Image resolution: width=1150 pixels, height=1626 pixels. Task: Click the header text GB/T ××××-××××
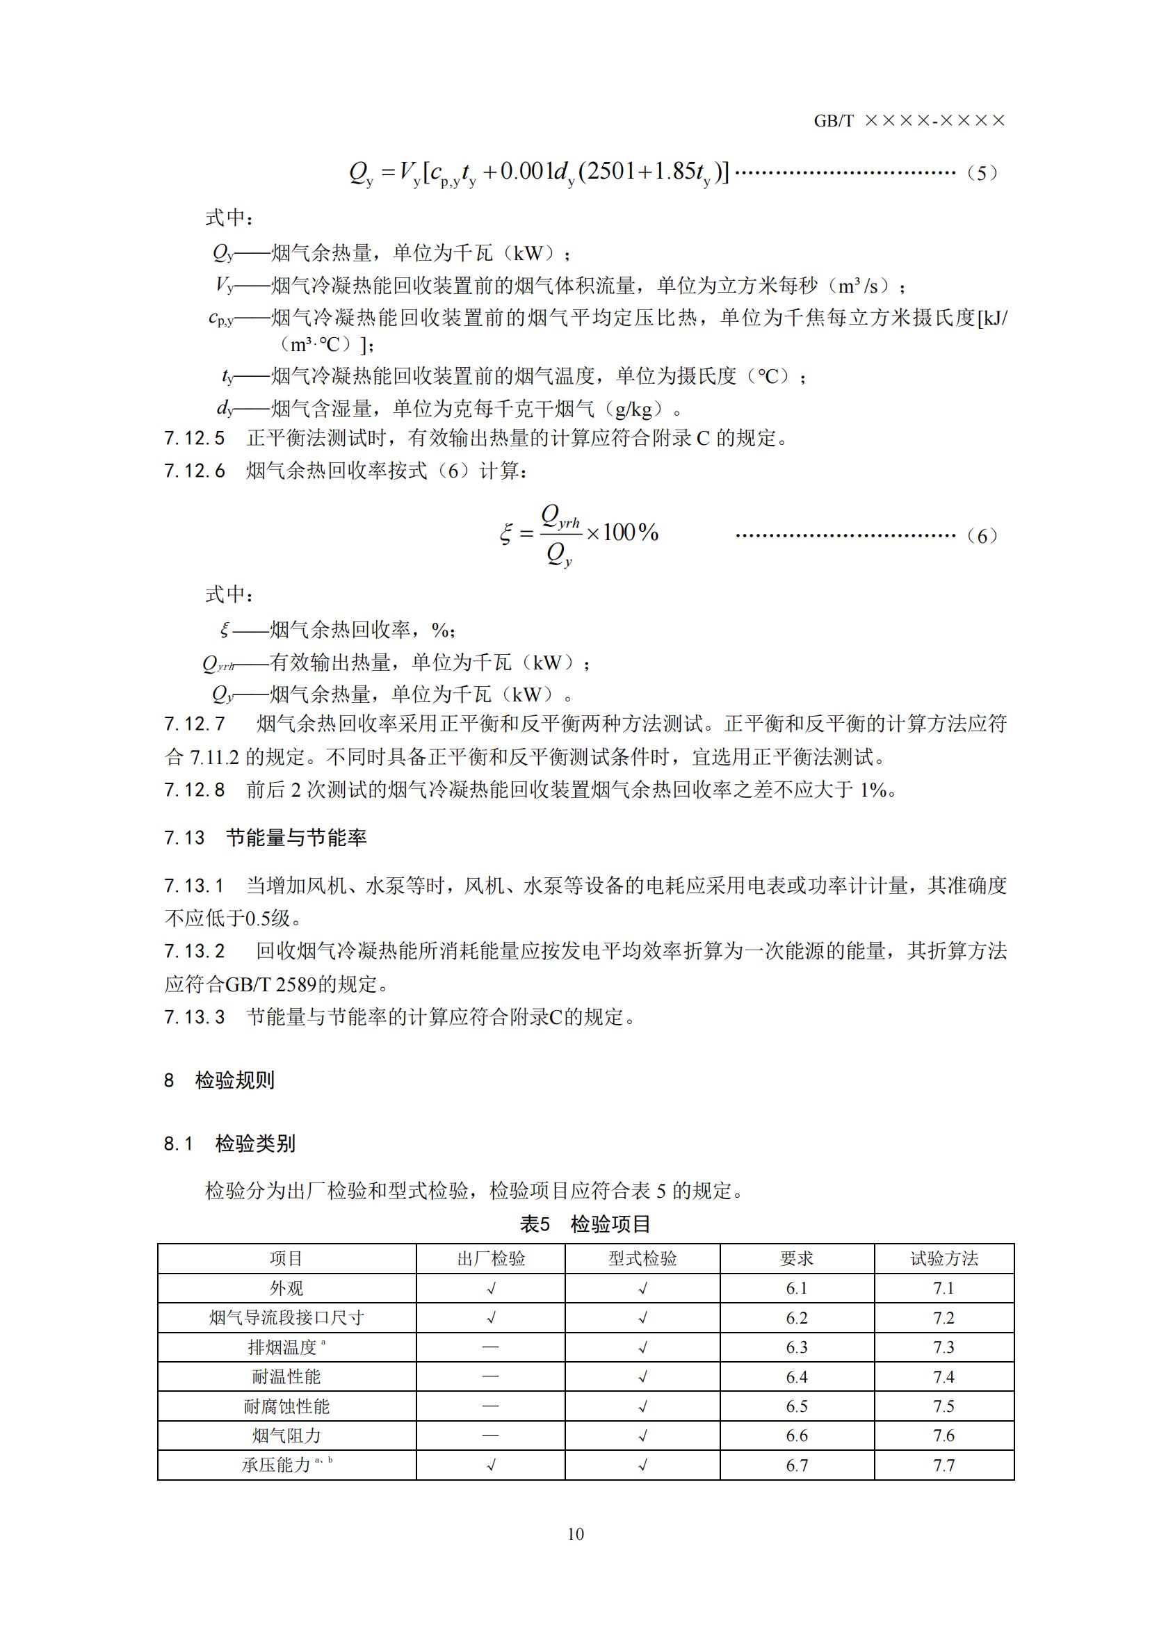coord(909,121)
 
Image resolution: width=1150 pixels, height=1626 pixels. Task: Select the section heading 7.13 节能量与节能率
coord(266,838)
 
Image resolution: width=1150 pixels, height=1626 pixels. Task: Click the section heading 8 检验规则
coord(220,1080)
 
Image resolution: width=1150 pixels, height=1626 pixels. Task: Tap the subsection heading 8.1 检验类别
coord(230,1144)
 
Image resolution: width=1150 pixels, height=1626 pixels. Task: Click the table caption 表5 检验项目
coord(585,1223)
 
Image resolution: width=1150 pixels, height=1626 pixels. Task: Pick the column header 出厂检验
coord(491,1258)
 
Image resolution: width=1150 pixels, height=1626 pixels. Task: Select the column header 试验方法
coord(944,1258)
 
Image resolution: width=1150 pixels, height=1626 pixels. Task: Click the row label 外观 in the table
coord(286,1288)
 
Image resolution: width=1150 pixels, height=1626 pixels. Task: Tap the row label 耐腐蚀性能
coord(286,1406)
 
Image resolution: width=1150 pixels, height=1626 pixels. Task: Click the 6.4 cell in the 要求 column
coord(797,1376)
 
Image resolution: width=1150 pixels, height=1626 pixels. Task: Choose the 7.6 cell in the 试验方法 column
coord(944,1436)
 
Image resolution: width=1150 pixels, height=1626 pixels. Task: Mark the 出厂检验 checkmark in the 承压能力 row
coord(491,1465)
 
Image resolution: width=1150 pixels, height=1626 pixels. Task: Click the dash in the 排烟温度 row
coord(491,1347)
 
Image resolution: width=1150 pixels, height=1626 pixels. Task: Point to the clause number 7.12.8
coord(195,790)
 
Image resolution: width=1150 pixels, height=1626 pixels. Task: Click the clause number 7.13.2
coord(195,951)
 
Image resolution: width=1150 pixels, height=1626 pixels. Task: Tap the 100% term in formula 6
coord(631,532)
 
